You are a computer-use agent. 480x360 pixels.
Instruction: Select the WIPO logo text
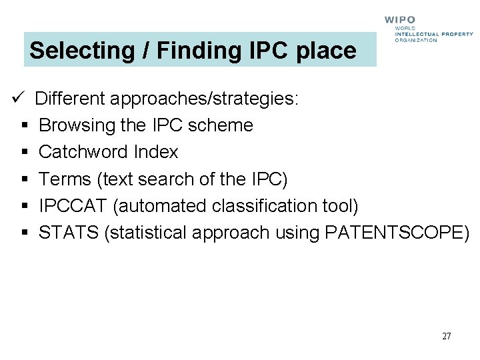coord(400,21)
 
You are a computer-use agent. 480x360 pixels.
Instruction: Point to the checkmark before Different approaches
coord(18,99)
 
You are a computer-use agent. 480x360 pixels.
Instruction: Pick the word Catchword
coord(84,152)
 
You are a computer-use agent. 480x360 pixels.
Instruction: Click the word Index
coord(156,152)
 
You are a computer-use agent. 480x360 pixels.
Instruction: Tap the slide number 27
coord(446,336)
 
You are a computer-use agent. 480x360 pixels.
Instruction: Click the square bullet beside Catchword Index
coord(23,153)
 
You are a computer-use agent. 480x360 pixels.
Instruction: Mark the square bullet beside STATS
coord(23,233)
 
